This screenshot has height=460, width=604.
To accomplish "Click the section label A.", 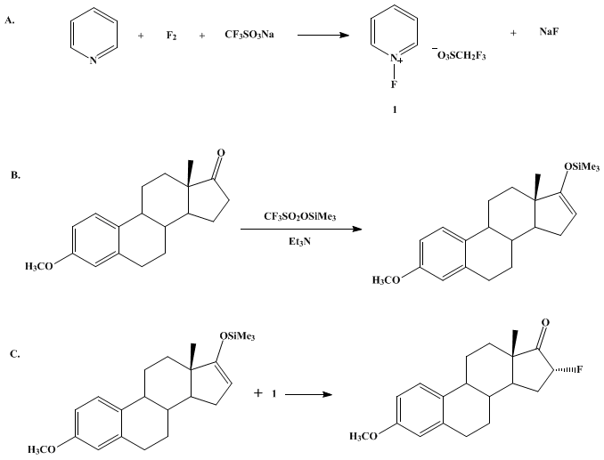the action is tap(10, 21).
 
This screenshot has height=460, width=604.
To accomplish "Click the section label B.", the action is tap(15, 175).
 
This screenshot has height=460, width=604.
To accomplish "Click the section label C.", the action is tap(15, 354).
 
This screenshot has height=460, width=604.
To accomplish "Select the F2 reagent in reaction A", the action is tap(171, 36).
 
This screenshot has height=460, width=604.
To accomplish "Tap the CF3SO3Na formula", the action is tap(249, 35).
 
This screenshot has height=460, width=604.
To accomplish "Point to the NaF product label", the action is tap(549, 32).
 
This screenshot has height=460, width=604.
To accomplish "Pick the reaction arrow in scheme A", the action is tap(323, 36).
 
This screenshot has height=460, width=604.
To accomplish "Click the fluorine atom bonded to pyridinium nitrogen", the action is tap(394, 85).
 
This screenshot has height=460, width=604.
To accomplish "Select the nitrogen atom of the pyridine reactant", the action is tap(94, 61).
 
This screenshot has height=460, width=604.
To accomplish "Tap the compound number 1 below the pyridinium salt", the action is tap(395, 109).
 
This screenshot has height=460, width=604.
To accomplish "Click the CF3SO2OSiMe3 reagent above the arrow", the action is tap(299, 217).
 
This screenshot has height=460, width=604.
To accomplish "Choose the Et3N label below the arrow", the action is tap(299, 242).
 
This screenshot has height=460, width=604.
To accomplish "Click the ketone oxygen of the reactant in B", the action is tap(221, 153).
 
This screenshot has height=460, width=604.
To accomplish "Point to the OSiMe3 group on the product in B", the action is tap(582, 167).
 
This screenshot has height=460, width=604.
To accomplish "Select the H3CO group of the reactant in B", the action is tap(39, 266).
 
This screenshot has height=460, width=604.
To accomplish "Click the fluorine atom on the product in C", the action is tap(580, 369).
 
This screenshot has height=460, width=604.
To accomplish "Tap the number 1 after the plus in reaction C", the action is tap(273, 394).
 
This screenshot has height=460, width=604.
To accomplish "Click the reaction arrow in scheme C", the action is tap(308, 394).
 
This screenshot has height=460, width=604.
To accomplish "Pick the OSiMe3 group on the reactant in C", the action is tap(237, 336).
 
